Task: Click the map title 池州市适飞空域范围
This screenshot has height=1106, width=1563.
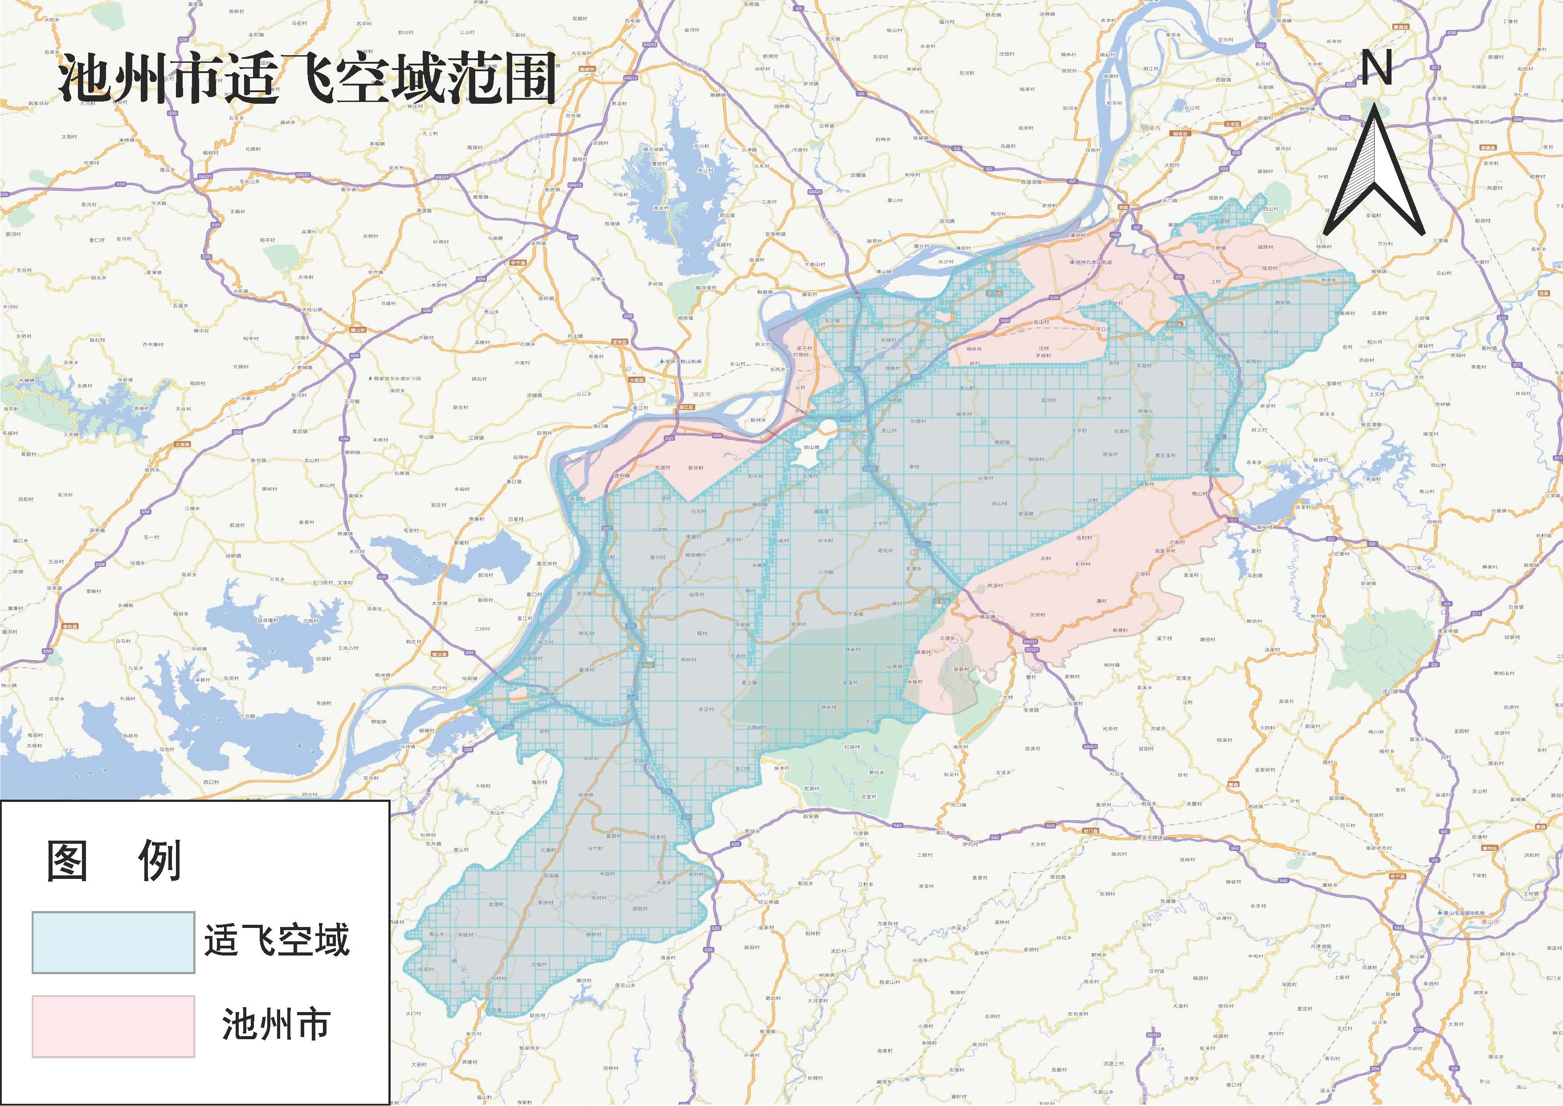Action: (306, 80)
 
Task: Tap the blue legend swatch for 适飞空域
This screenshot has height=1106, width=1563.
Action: (113, 942)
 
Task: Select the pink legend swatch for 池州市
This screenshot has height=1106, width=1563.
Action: (113, 1026)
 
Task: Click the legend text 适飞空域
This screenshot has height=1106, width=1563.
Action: (277, 940)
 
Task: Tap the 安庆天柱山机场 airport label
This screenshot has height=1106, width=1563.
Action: (682, 361)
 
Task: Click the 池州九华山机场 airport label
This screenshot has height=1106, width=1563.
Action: (1094, 261)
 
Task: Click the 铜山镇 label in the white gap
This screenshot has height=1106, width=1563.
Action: (811, 447)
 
